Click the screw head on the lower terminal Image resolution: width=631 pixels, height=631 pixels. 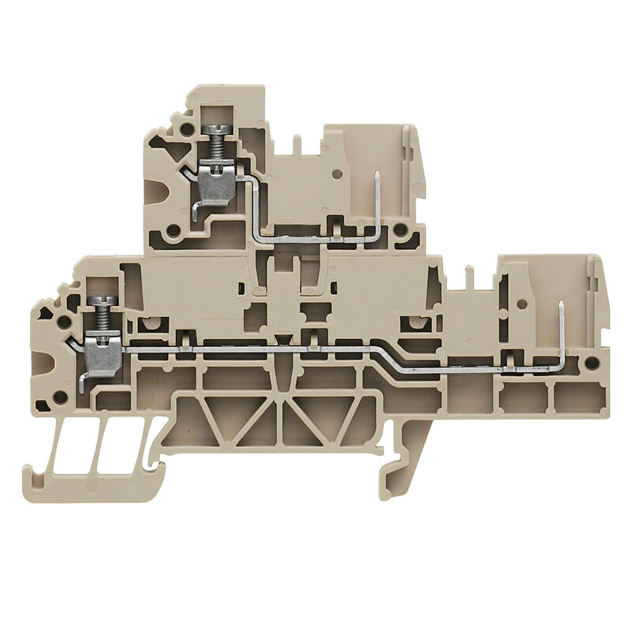(102, 301)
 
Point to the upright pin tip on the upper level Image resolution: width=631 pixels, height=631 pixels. (377, 175)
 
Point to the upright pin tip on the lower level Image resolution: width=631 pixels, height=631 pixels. (560, 306)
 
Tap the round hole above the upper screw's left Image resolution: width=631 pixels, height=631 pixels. (186, 129)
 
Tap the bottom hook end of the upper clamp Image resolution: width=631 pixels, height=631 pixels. (195, 215)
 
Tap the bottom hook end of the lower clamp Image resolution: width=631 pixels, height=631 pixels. (83, 386)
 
